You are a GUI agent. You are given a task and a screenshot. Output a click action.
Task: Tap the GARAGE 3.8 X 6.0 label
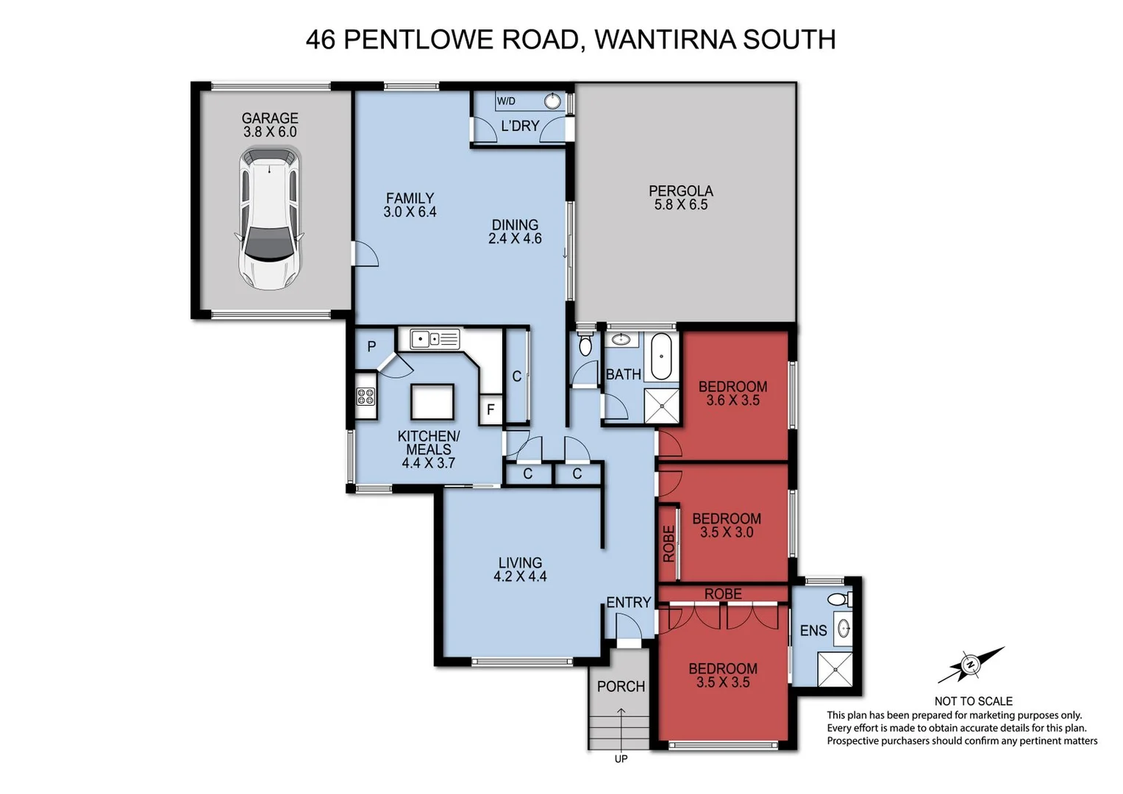(x=270, y=125)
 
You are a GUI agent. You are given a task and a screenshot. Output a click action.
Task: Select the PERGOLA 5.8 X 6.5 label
(x=680, y=198)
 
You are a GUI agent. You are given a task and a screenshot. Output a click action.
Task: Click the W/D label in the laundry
(x=506, y=101)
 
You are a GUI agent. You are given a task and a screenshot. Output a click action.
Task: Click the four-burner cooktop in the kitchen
(x=366, y=397)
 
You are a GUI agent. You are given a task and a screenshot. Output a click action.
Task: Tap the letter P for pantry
(x=371, y=346)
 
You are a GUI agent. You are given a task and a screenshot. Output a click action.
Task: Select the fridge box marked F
(x=491, y=410)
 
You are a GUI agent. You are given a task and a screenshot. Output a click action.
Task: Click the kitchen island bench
(x=432, y=402)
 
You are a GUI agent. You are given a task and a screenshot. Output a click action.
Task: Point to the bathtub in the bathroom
(x=663, y=356)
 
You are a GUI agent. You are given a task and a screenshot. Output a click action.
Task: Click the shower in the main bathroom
(x=662, y=405)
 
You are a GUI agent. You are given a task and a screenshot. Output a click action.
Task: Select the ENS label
(x=813, y=630)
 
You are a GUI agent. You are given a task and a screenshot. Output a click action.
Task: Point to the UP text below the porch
(x=621, y=759)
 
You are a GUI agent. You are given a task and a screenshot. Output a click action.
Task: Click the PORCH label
(x=621, y=686)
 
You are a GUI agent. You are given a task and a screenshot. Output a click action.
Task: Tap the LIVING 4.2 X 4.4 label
(x=520, y=570)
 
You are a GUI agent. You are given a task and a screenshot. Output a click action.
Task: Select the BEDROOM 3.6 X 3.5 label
(x=732, y=393)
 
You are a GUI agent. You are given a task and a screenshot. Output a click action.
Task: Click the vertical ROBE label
(x=669, y=543)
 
